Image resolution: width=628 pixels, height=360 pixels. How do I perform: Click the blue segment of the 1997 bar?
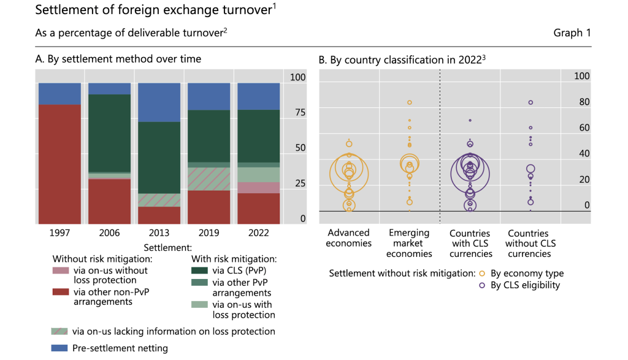59,93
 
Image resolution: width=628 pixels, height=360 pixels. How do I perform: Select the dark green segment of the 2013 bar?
159,158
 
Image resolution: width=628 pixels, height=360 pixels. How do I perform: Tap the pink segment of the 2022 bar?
258,188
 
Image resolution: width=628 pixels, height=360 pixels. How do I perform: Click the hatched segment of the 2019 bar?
209,178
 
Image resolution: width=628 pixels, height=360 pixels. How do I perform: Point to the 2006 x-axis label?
109,233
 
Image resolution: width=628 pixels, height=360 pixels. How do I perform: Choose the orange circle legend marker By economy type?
482,274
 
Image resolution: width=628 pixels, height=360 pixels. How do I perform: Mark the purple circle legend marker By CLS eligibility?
482,285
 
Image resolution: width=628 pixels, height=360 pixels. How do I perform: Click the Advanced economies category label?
348,238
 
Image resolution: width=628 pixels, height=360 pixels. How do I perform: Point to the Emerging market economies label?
409,243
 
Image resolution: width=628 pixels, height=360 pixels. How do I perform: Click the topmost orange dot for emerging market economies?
409,102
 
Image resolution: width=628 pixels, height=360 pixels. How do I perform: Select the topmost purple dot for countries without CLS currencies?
530,102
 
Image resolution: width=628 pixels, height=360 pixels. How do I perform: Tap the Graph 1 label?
572,33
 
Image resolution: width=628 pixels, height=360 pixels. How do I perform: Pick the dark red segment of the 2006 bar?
109,201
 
